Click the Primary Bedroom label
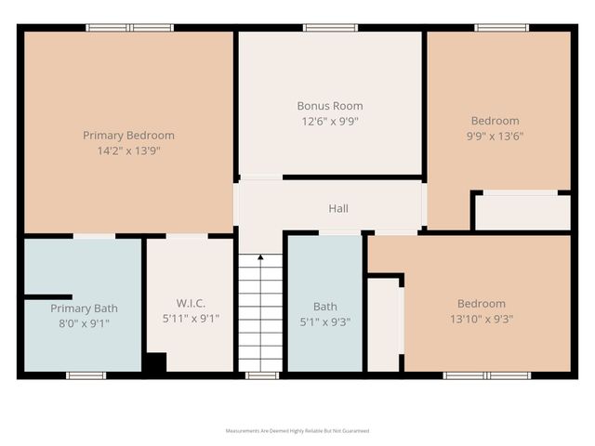[128, 135]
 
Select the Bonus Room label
[330, 106]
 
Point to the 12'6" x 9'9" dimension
[330, 121]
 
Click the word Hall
[338, 209]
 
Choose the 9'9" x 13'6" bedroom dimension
[495, 136]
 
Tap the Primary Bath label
[84, 308]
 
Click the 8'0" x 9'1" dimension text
[84, 323]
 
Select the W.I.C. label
[190, 304]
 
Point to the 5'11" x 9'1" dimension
[190, 319]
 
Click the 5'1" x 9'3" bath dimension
[325, 321]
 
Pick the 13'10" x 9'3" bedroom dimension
[481, 319]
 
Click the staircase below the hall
[260, 316]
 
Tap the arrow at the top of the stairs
[260, 257]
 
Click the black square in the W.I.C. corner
[154, 364]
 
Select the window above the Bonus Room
[330, 28]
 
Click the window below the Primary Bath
[85, 375]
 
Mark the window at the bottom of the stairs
[261, 375]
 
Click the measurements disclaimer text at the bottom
[297, 431]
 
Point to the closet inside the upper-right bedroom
[522, 212]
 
